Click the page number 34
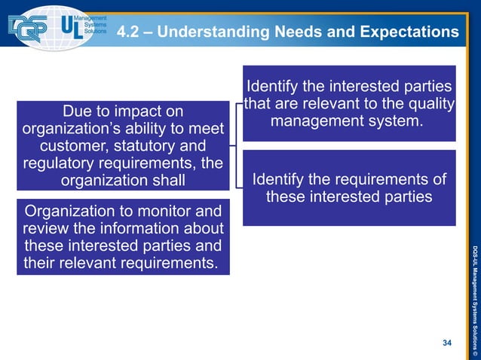click(447, 343)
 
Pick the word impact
click(132, 111)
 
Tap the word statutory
click(152, 145)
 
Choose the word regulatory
click(57, 163)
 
